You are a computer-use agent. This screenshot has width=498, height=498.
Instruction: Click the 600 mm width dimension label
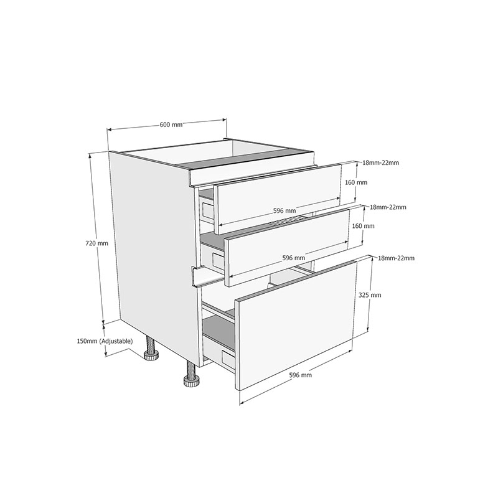(171, 125)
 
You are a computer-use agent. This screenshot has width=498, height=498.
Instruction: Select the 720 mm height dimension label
(97, 243)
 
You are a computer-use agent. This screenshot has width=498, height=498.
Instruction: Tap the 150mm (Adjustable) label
(105, 341)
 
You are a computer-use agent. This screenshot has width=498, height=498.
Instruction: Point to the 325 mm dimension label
(370, 295)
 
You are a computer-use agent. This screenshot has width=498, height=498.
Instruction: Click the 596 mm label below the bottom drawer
(301, 375)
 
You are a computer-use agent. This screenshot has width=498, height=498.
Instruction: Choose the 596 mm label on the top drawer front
(284, 210)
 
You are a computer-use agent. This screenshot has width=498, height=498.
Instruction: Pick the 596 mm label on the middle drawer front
(293, 258)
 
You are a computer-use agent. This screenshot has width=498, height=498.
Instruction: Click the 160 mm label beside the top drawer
(356, 182)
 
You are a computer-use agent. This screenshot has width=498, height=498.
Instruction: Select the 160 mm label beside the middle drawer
(364, 226)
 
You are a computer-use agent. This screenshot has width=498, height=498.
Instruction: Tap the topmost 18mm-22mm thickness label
(381, 163)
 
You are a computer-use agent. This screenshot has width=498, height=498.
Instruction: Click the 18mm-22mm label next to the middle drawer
(388, 207)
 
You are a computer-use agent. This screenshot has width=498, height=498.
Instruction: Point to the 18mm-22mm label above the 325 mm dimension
(396, 258)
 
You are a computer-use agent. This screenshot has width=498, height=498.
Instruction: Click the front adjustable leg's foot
(192, 380)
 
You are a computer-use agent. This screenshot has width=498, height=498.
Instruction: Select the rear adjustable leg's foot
(151, 355)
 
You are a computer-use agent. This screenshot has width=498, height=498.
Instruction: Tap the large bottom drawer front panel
(295, 325)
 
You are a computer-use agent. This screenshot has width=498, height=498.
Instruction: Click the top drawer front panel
(278, 199)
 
